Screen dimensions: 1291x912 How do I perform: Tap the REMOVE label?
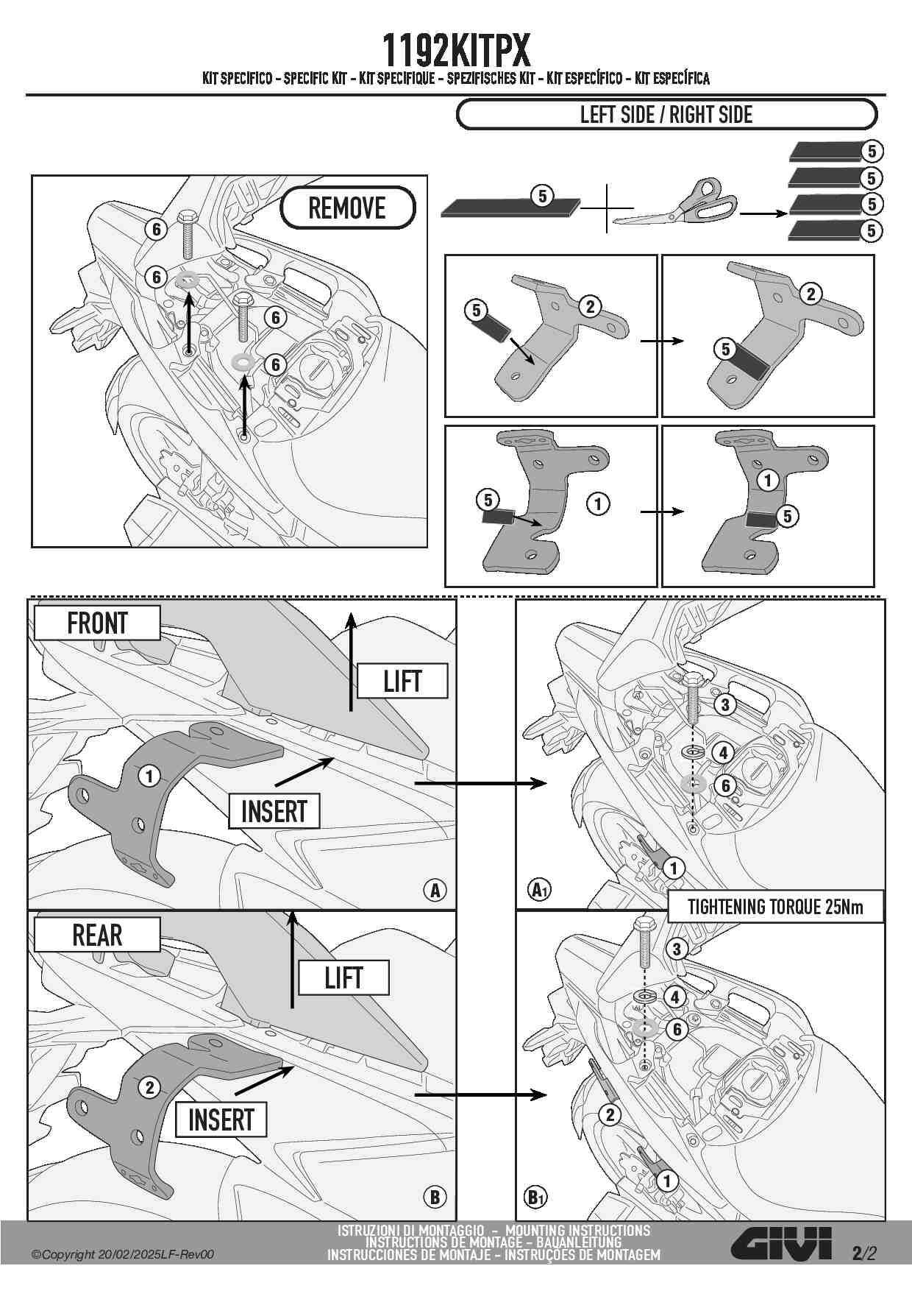click(x=347, y=208)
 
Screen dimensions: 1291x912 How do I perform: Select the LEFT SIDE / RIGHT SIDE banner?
click(x=666, y=115)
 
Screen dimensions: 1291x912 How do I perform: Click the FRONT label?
click(x=97, y=623)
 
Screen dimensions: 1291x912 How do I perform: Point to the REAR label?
click(x=97, y=935)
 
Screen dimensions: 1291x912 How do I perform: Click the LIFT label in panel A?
click(x=402, y=682)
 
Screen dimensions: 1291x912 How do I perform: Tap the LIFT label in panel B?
click(x=343, y=978)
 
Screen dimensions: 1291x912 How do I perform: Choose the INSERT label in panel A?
click(x=274, y=811)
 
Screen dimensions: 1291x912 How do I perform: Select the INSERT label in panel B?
click(x=221, y=1120)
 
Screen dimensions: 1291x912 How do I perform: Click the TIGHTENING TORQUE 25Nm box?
click(x=775, y=907)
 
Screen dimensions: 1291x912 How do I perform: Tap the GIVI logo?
click(x=782, y=1244)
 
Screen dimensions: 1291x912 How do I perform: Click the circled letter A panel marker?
click(x=435, y=891)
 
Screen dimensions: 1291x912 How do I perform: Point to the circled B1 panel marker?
click(x=538, y=1196)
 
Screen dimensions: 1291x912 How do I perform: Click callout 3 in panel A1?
click(x=724, y=705)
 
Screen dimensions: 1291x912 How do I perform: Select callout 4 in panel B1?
click(x=676, y=997)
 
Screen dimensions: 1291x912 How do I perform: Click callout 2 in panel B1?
click(x=610, y=1115)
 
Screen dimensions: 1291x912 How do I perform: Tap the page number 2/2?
click(x=864, y=1253)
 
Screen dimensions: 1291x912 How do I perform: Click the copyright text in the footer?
click(x=123, y=1254)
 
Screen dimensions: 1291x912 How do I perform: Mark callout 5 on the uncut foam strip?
click(x=543, y=196)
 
